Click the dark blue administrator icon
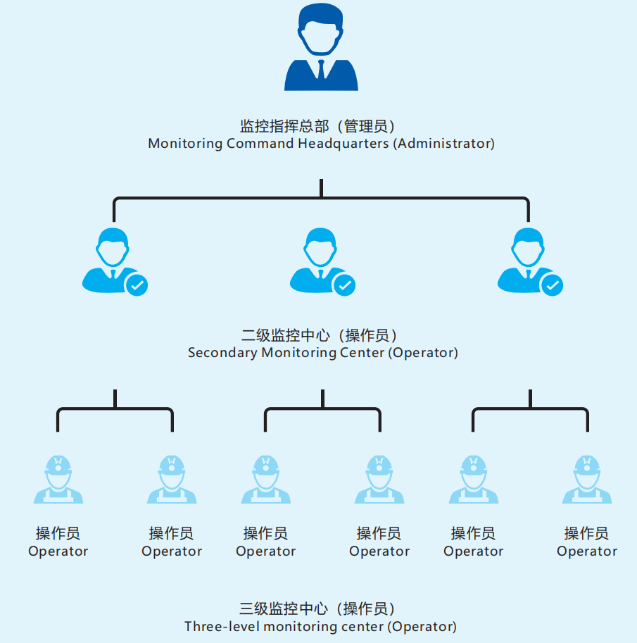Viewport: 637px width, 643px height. pos(321,49)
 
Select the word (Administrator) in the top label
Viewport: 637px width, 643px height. pos(444,144)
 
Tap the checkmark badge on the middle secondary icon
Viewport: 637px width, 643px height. pos(344,285)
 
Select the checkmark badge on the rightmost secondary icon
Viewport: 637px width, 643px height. pos(552,285)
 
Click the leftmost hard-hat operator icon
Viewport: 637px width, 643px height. pos(58,480)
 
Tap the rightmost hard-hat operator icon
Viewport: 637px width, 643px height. pos(587,480)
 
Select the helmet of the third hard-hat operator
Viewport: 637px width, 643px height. pos(266,464)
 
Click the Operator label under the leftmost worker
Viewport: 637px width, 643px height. pos(58,551)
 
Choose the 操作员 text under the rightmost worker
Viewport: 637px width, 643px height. pos(587,534)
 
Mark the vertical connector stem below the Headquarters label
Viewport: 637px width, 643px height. pos(321,188)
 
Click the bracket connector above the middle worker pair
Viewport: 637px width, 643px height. pos(322,409)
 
